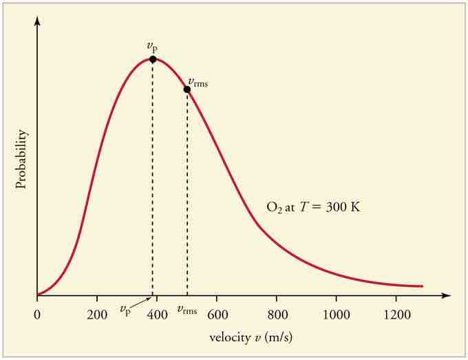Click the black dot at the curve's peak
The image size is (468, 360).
pyautogui.click(x=153, y=59)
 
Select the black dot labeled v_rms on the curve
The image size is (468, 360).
pyautogui.click(x=187, y=89)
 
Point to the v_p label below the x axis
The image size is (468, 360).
pyautogui.click(x=125, y=310)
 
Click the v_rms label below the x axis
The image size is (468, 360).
pyautogui.click(x=187, y=310)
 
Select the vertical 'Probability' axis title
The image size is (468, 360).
pyautogui.click(x=21, y=159)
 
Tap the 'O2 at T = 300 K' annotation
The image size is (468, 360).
pyautogui.click(x=312, y=206)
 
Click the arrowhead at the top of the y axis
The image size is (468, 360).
pyautogui.click(x=38, y=19)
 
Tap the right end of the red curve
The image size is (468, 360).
pyautogui.click(x=421, y=286)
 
